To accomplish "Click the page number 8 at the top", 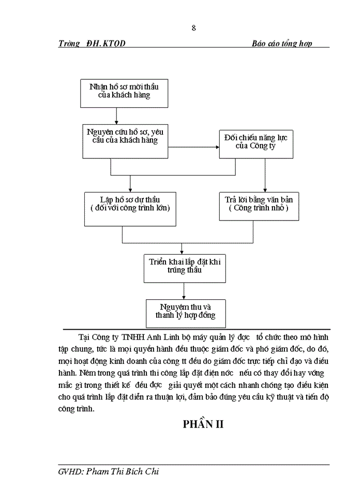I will (x=193, y=28).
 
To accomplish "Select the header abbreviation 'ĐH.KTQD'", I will (x=106, y=43).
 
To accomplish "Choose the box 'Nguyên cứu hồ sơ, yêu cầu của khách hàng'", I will (x=125, y=141).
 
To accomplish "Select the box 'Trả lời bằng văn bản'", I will (x=258, y=206).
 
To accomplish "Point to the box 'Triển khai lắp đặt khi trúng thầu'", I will (x=185, y=267).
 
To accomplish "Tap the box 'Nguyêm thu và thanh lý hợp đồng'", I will (x=185, y=312).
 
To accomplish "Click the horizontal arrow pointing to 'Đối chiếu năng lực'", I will (x=193, y=148).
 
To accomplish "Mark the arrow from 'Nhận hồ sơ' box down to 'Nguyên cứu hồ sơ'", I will (x=117, y=115).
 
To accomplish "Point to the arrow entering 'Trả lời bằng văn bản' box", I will (x=265, y=176).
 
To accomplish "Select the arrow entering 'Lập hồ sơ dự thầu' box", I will (x=130, y=183).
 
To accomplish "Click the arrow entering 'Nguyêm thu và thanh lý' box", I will (x=185, y=290).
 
